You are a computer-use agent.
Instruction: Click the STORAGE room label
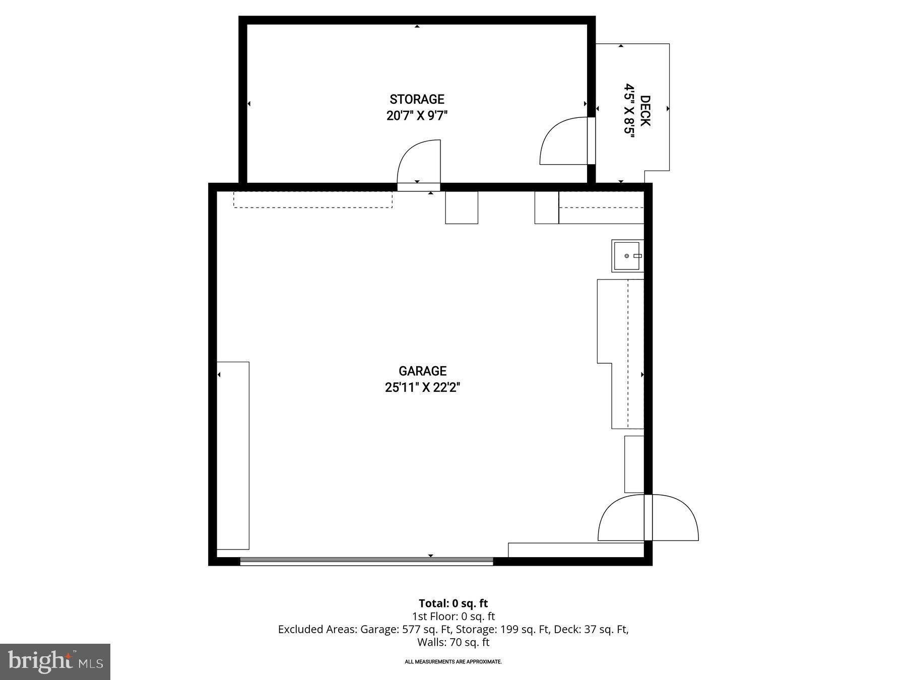click(x=417, y=99)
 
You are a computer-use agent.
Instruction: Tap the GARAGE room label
click(x=422, y=371)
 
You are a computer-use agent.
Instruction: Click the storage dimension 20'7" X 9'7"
click(x=417, y=116)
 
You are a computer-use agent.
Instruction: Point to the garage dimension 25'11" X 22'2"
click(x=422, y=388)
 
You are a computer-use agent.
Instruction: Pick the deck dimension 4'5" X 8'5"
click(x=629, y=111)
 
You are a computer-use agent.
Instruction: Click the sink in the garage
click(x=628, y=256)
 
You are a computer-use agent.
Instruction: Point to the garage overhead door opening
click(x=366, y=561)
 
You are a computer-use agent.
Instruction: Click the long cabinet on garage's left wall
click(x=233, y=455)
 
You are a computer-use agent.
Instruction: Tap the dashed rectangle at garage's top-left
click(x=312, y=199)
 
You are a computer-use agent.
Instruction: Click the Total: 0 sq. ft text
click(x=453, y=603)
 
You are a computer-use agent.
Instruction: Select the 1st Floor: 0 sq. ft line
click(x=453, y=616)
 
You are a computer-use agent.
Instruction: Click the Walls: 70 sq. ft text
click(x=453, y=642)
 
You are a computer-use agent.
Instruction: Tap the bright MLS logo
click(x=55, y=661)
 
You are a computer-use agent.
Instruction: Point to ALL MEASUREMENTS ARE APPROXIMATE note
click(x=453, y=661)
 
